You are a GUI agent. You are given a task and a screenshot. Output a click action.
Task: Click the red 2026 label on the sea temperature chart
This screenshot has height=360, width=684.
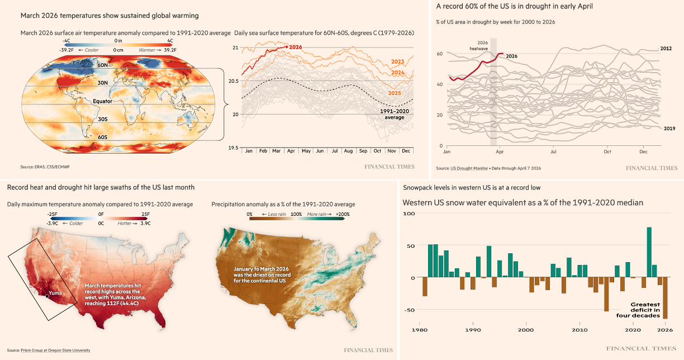(x=296, y=47)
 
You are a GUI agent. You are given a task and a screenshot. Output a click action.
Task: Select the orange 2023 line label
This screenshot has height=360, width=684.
(x=398, y=61)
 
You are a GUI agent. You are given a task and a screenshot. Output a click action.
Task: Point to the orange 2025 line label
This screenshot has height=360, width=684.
(x=395, y=93)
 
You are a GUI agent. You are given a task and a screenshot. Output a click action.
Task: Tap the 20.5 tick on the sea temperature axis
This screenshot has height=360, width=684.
(x=235, y=81)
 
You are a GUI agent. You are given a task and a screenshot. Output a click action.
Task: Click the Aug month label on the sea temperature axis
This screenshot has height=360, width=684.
(x=348, y=151)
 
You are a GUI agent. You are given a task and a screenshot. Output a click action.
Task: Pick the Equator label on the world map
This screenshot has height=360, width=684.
(x=103, y=102)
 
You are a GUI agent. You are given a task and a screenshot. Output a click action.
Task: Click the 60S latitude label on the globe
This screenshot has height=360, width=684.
(x=102, y=137)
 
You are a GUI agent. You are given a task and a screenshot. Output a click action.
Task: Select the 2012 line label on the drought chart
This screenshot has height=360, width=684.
(x=666, y=49)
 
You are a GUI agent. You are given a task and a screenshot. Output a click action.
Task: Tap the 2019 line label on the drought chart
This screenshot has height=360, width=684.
(x=669, y=129)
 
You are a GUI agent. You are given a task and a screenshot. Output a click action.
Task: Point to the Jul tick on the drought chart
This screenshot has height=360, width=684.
(x=554, y=151)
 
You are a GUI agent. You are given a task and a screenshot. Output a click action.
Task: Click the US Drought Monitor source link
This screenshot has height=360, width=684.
(x=468, y=168)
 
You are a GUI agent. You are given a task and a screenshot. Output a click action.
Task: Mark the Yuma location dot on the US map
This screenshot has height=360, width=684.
(x=47, y=297)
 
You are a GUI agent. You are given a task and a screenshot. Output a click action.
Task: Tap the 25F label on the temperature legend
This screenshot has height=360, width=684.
(x=145, y=214)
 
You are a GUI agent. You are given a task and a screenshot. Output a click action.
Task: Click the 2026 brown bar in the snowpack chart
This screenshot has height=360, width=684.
(x=665, y=298)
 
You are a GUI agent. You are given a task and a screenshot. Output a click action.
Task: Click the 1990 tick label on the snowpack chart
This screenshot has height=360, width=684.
(x=473, y=330)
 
